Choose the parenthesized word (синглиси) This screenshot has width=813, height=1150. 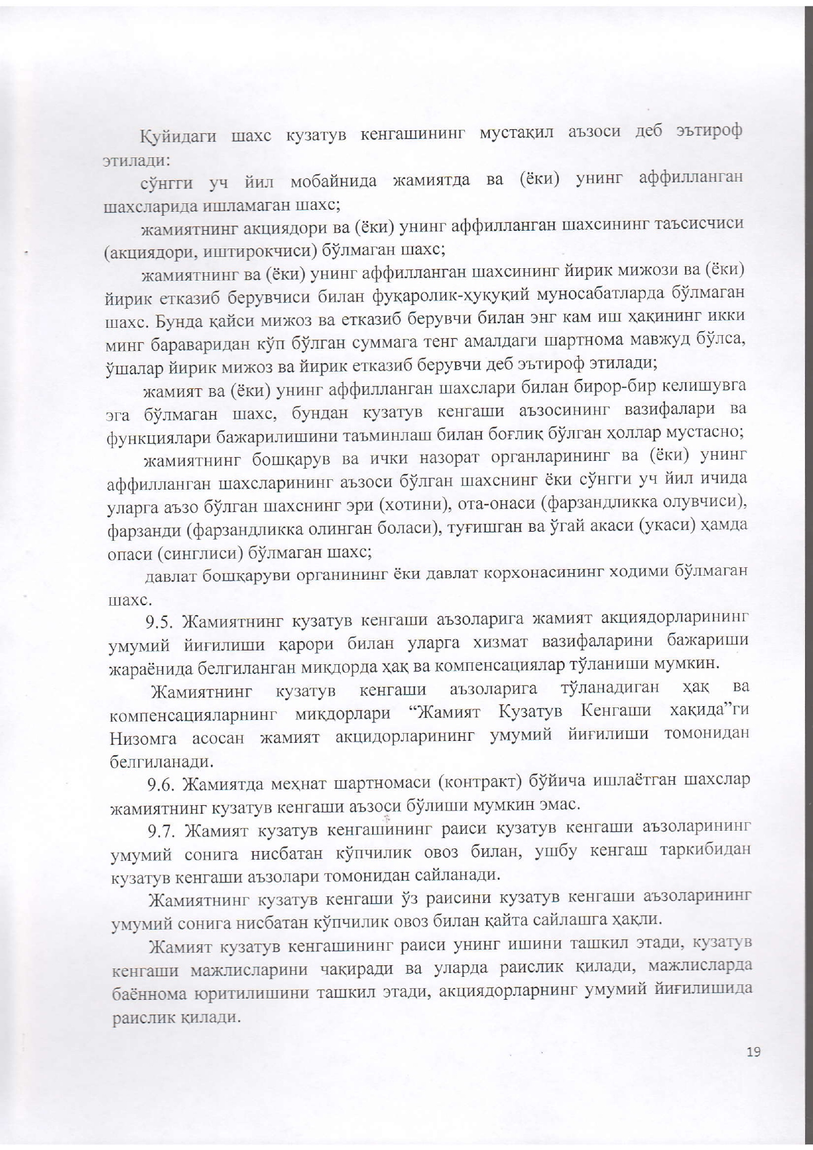click(201, 553)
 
